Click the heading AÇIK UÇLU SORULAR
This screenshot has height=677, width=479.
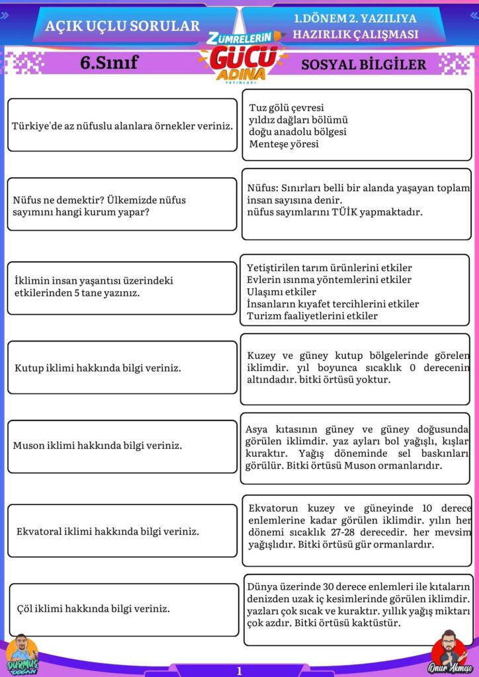(122, 26)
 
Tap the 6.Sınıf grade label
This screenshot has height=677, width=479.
(109, 63)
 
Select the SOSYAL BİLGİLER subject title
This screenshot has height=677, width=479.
(364, 64)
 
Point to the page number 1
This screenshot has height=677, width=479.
(239, 670)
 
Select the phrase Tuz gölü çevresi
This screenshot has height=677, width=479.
(286, 108)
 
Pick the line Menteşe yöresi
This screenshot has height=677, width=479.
(284, 143)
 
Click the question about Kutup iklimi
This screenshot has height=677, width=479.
(98, 368)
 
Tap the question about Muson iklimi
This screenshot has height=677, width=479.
(97, 446)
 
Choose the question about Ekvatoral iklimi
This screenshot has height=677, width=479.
(108, 531)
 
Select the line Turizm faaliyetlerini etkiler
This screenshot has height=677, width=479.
(312, 316)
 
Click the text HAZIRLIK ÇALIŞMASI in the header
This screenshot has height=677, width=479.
(356, 34)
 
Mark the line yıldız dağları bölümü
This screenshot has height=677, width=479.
(298, 120)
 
